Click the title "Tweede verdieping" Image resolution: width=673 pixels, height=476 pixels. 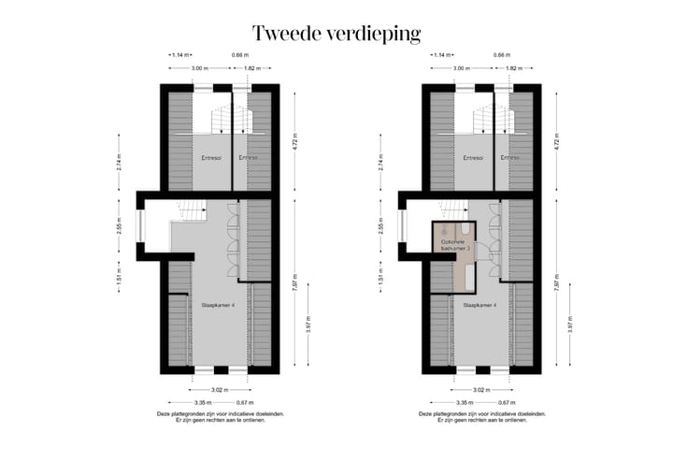pyautogui.click(x=336, y=35)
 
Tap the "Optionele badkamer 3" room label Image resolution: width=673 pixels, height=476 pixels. pyautogui.click(x=453, y=245)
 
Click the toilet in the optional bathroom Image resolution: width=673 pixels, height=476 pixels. pyautogui.click(x=465, y=227)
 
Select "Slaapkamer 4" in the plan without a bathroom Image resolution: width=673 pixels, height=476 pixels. pyautogui.click(x=218, y=304)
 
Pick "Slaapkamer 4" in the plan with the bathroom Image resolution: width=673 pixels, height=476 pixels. pyautogui.click(x=480, y=304)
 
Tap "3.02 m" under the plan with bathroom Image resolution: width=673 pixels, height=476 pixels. pyautogui.click(x=480, y=390)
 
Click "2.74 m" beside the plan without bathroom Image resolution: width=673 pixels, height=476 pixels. pyautogui.click(x=119, y=164)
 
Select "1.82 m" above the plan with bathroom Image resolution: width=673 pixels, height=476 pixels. pyautogui.click(x=512, y=68)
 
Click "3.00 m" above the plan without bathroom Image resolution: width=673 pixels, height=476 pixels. pyautogui.click(x=198, y=68)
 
